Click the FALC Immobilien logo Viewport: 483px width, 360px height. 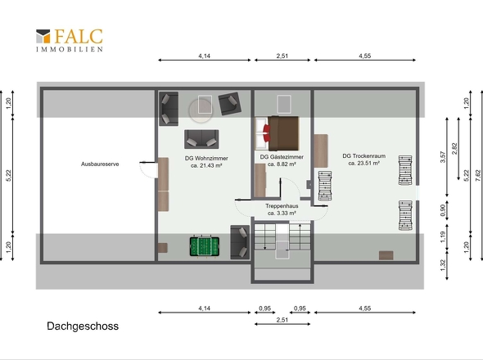[x=70, y=40]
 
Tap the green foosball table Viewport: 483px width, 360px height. [x=204, y=246]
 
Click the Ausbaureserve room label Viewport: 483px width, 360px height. [x=100, y=164]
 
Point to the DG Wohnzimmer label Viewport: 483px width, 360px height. [x=206, y=158]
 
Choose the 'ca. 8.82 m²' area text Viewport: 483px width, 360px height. [x=282, y=164]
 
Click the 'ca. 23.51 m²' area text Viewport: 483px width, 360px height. [x=363, y=163]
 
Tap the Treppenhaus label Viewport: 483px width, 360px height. [x=282, y=206]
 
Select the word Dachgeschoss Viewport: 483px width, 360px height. [x=83, y=326]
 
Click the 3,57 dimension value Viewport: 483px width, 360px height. [x=443, y=157]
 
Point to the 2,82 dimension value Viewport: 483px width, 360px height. [x=454, y=149]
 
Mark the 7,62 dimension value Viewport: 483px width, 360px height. [x=478, y=176]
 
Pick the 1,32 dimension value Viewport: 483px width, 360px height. [x=443, y=265]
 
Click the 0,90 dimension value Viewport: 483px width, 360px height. [x=443, y=210]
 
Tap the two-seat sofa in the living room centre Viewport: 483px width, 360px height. [x=201, y=139]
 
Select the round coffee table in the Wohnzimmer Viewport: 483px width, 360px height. [x=201, y=110]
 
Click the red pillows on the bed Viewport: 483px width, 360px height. [x=267, y=133]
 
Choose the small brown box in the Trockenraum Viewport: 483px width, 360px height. [x=386, y=255]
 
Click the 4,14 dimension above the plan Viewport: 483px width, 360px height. [x=204, y=56]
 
